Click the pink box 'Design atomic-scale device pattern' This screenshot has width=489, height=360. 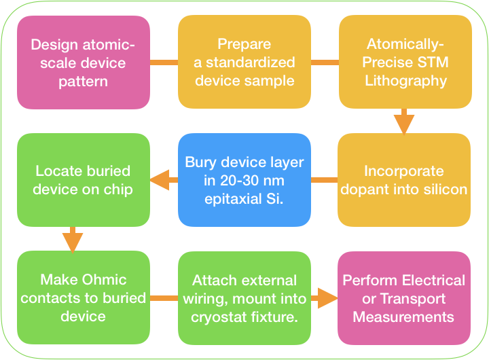(84, 62)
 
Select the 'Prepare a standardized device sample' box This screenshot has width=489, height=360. (244, 62)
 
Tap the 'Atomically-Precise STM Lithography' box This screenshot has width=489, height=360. (405, 62)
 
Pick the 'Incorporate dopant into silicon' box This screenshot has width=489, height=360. (404, 180)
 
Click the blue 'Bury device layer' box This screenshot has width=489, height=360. (244, 180)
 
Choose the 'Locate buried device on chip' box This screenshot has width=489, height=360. (84, 180)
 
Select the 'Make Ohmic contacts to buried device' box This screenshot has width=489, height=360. (84, 298)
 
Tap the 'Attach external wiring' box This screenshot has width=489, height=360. (244, 298)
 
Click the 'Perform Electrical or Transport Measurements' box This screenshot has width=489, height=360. (404, 298)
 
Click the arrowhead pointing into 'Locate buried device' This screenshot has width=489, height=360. (160, 180)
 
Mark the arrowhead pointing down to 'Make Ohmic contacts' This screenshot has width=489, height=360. (73, 242)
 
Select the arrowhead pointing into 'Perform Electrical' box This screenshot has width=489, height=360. (327, 298)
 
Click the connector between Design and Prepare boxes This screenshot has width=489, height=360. (164, 62)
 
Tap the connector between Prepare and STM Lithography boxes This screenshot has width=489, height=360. (325, 62)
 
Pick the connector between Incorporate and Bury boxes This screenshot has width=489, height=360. (325, 180)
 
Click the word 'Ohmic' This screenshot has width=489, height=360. (106, 280)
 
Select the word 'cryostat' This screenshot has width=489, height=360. (219, 318)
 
